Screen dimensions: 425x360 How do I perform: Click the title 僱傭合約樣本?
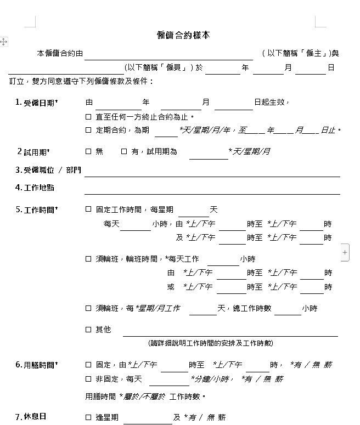click(183, 35)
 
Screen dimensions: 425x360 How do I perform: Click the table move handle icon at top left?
click(4, 42)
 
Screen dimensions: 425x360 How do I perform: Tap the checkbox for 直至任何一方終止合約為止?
click(88, 117)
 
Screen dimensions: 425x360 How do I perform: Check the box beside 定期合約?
click(88, 131)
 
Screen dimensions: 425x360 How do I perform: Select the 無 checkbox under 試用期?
click(88, 151)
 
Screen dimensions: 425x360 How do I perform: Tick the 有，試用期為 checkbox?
click(124, 151)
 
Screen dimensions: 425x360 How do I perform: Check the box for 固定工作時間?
click(88, 209)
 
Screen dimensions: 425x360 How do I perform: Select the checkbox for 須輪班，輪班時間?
click(88, 259)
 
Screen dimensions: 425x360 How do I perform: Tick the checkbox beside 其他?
click(88, 330)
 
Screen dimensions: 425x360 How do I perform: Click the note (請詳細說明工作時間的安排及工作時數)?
click(211, 343)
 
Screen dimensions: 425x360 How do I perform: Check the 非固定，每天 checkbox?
click(88, 379)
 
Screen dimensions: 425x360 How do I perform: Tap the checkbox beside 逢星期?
click(88, 417)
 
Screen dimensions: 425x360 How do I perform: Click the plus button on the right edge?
click(345, 252)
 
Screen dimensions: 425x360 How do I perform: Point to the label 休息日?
click(35, 417)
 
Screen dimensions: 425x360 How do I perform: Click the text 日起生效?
click(271, 103)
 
